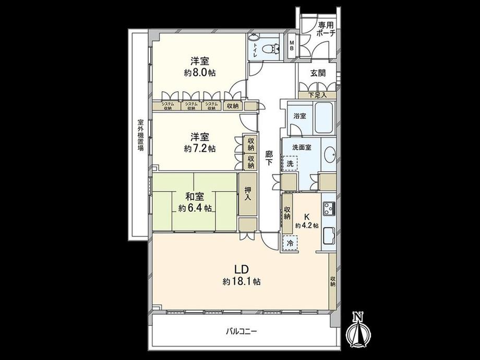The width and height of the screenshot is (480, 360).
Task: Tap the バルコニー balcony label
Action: point(242,331)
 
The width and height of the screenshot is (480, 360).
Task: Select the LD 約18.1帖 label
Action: point(241,275)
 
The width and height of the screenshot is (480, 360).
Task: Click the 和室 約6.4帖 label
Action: point(194,202)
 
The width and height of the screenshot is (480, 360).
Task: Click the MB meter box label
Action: point(292,46)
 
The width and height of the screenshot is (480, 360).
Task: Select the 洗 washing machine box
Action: point(290,163)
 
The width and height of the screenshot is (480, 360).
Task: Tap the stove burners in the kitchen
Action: point(329,210)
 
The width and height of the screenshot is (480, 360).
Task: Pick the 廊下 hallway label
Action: point(269,158)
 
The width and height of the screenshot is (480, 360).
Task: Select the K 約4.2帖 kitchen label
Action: point(306,221)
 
